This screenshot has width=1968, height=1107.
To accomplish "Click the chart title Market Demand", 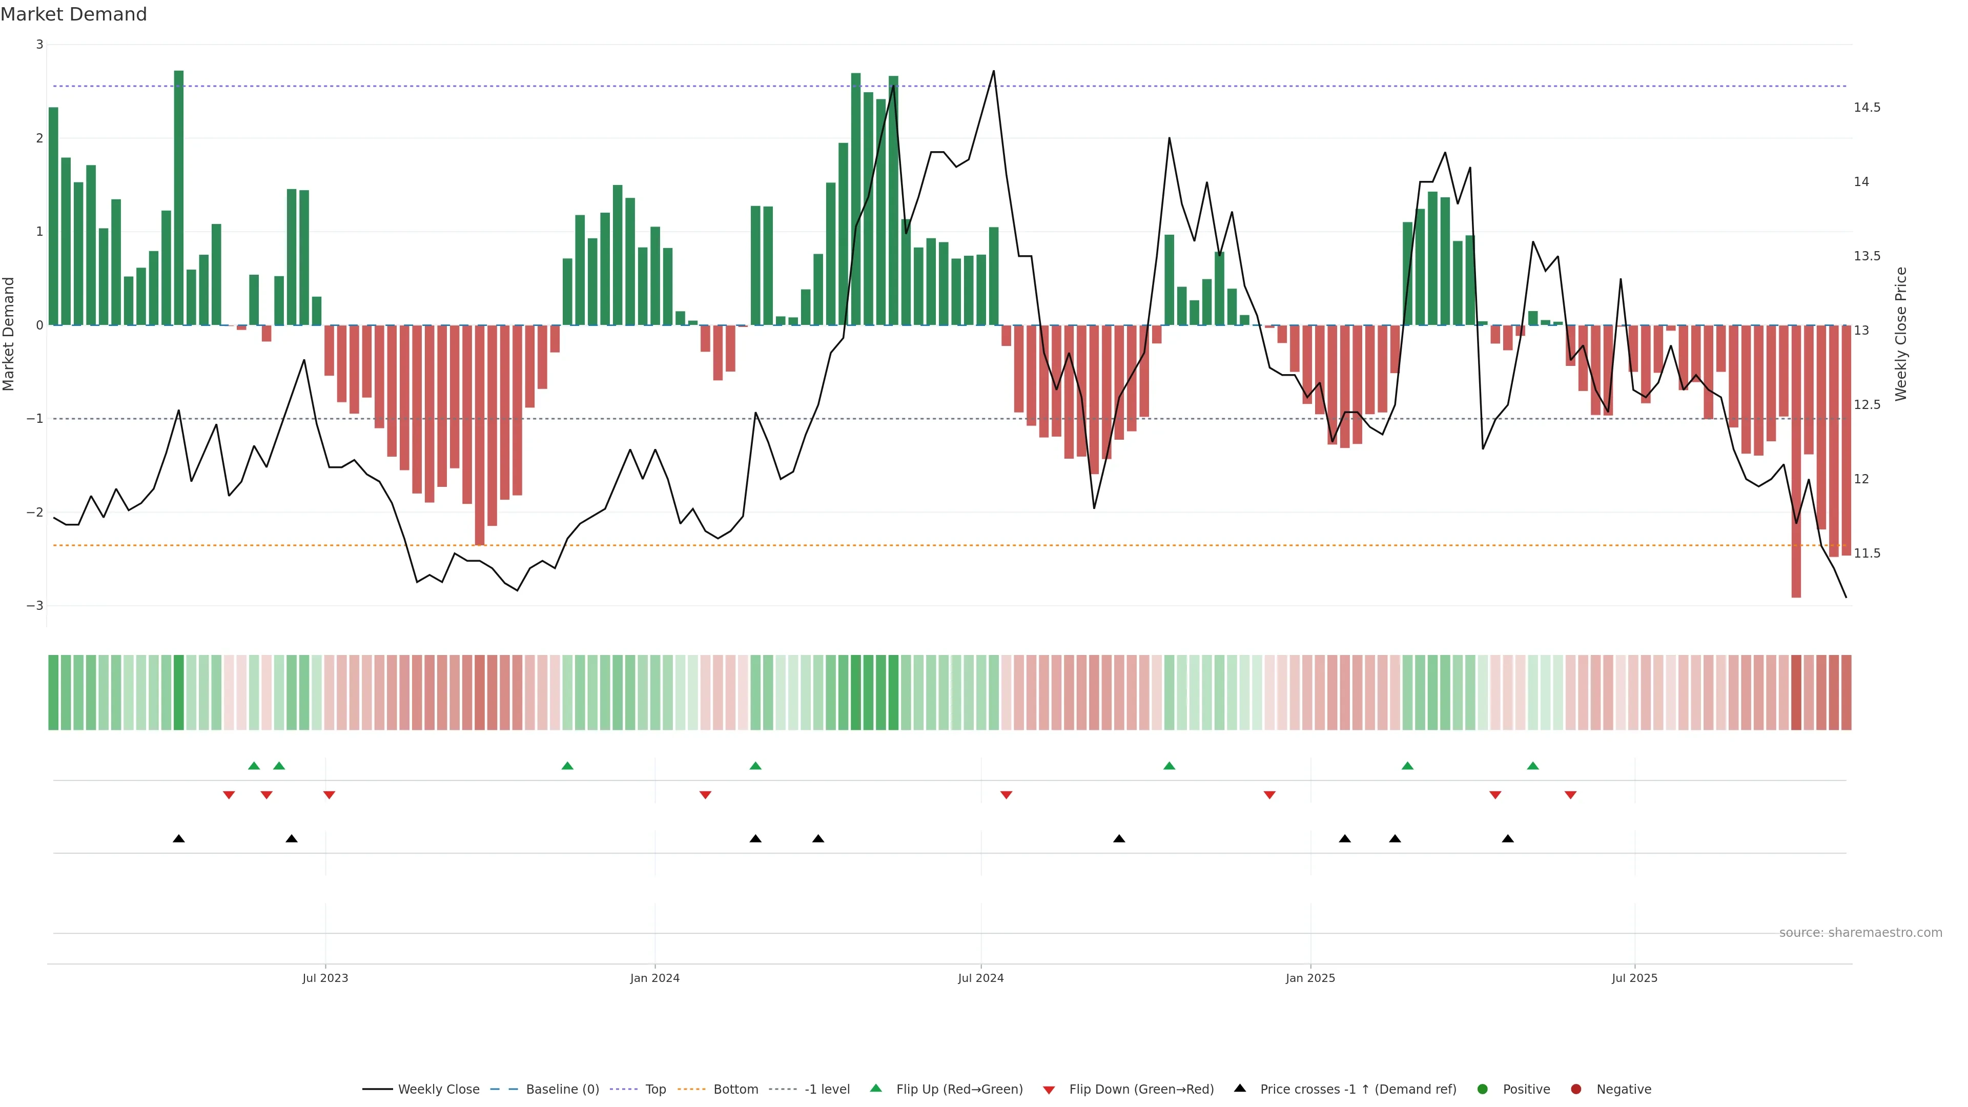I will [x=73, y=14].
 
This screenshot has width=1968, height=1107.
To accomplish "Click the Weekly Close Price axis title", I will [x=1901, y=334].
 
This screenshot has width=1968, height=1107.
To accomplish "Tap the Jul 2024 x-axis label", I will [x=980, y=978].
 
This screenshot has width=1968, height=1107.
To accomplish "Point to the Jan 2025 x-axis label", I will [x=1309, y=978].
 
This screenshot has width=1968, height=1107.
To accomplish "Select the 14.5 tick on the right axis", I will [x=1867, y=108].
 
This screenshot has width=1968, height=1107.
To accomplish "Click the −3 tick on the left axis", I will [x=35, y=606].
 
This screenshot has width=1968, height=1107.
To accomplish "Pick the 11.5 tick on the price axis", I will [x=1867, y=553].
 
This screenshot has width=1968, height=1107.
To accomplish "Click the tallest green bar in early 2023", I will [x=179, y=199].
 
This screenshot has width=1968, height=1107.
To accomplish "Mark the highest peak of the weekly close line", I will [x=993, y=72].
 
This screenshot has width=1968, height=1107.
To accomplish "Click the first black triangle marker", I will [x=179, y=839].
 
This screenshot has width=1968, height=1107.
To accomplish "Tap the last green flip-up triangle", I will [x=1532, y=766].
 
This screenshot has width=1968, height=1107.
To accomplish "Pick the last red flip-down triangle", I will [x=1570, y=795].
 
